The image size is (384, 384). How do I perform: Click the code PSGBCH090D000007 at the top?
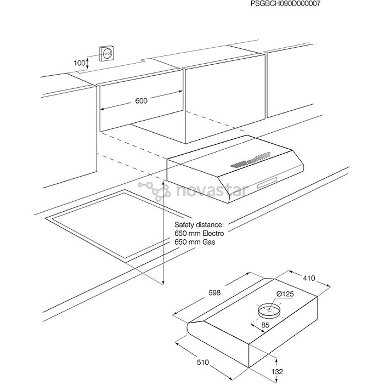click(286, 4)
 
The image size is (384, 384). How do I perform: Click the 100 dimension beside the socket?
click(79, 63)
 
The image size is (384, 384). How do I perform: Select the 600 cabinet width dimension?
click(141, 101)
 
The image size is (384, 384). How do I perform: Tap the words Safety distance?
click(199, 225)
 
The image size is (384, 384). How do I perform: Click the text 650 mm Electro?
click(199, 234)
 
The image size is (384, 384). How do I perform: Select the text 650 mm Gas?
click(195, 242)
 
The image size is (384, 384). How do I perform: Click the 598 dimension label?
click(215, 293)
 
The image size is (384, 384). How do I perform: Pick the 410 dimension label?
click(309, 278)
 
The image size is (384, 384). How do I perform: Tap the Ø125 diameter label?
click(284, 294)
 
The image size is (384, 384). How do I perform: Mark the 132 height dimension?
click(277, 372)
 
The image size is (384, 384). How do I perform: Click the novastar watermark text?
click(212, 191)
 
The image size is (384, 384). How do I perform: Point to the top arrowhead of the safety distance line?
click(163, 182)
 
